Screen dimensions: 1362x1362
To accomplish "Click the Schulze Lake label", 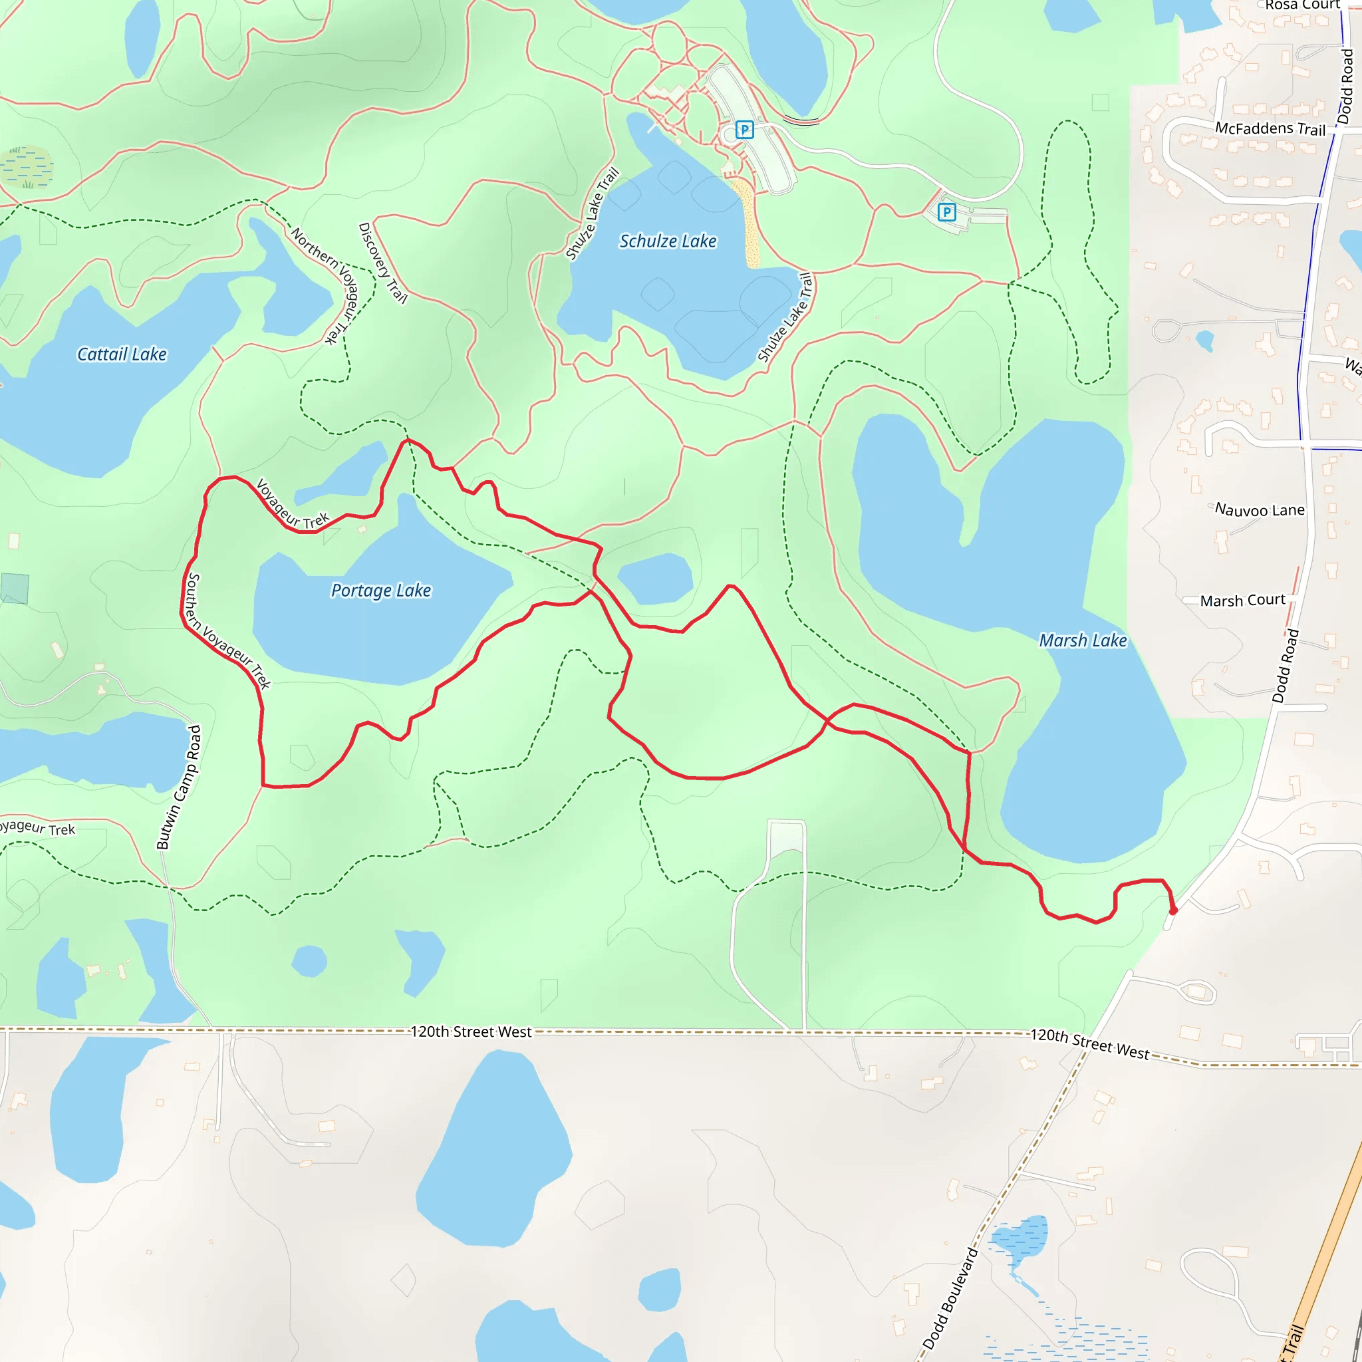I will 667,241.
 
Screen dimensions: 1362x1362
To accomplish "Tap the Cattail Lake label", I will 122,354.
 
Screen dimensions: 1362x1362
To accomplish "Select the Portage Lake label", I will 380,590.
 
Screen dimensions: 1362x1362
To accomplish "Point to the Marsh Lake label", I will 1082,640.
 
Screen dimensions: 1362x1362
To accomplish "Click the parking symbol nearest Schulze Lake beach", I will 744,130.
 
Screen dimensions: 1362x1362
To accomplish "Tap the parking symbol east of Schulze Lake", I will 946,211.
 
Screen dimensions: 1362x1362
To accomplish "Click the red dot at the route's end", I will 1173,911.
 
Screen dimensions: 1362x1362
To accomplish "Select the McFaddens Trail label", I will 1270,128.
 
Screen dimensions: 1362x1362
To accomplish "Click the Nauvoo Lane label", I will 1259,509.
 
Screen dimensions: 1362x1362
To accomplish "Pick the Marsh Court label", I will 1242,600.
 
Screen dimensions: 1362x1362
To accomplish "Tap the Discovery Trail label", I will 383,263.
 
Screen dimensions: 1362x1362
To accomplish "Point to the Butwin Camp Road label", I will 178,787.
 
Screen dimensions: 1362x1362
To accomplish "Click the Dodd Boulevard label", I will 950,1298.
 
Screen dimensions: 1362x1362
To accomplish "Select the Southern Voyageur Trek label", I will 227,630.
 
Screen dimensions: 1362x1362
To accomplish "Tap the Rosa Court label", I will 1301,5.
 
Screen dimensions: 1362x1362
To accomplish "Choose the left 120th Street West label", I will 471,1031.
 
